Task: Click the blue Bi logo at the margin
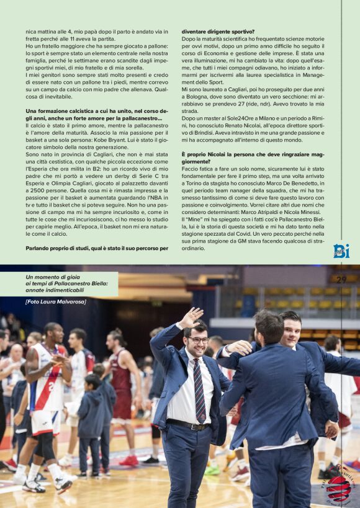point(341,251)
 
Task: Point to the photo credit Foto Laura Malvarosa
point(56,301)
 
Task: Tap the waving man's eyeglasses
point(199,340)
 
